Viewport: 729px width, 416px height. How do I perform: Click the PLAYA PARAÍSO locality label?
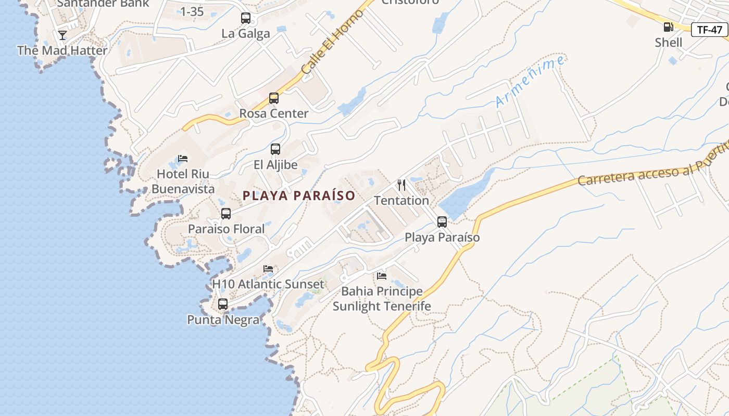click(x=299, y=196)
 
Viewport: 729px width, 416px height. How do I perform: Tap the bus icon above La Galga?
click(x=246, y=18)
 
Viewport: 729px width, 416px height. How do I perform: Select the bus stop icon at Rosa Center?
click(x=274, y=98)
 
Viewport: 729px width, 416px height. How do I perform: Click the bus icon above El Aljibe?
click(x=275, y=149)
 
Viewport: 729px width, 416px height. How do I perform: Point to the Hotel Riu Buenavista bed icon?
click(x=182, y=158)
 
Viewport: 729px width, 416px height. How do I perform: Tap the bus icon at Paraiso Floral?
click(x=226, y=213)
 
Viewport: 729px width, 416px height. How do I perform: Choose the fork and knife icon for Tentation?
click(x=401, y=185)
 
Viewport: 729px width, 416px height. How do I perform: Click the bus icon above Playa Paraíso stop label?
click(x=442, y=222)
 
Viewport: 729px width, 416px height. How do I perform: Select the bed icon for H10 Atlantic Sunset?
click(x=268, y=269)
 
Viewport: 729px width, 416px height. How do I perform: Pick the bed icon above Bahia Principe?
click(x=382, y=276)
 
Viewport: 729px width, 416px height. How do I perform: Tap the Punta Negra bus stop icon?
click(x=223, y=304)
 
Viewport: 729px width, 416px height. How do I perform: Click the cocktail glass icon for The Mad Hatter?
click(x=62, y=35)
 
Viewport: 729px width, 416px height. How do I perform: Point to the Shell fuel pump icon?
click(x=668, y=27)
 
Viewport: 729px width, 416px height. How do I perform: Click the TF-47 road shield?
click(x=709, y=30)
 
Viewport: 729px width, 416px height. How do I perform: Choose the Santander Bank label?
click(x=103, y=4)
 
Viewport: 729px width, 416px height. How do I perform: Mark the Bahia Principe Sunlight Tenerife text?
click(x=382, y=298)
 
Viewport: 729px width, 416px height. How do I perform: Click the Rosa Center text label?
click(x=274, y=113)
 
